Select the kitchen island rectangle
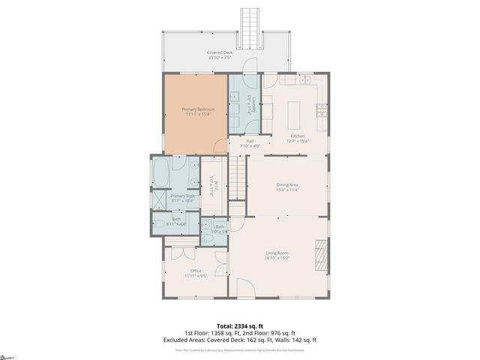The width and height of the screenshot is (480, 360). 293,111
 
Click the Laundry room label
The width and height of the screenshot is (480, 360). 255,104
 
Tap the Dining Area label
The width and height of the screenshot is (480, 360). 287,187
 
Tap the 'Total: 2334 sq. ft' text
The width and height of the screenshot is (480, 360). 239,325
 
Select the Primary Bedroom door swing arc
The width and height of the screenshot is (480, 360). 220,146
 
